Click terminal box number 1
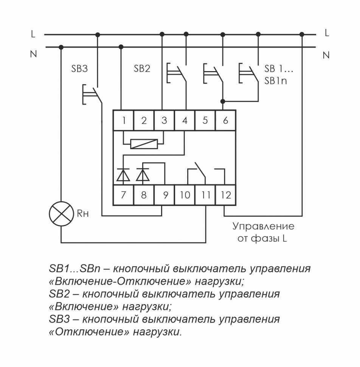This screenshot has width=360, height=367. [x=124, y=121]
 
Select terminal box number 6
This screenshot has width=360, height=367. [x=226, y=121]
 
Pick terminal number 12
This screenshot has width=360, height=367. [x=226, y=195]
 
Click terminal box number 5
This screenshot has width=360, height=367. [x=205, y=121]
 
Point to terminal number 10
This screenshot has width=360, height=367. [x=185, y=195]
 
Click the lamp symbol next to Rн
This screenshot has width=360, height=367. [x=61, y=214]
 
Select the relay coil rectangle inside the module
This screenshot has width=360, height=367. [x=144, y=143]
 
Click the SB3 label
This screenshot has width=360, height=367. [x=79, y=69]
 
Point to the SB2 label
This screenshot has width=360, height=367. [x=142, y=69]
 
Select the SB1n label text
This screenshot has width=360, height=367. [x=276, y=81]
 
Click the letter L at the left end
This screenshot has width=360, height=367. [x=33, y=34]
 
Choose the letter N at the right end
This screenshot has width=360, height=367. [x=326, y=55]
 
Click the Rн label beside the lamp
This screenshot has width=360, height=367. [x=82, y=214]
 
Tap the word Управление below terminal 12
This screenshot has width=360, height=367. [x=263, y=227]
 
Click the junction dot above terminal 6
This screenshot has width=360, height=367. [x=223, y=101]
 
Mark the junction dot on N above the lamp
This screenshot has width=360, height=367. [x=61, y=47]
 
